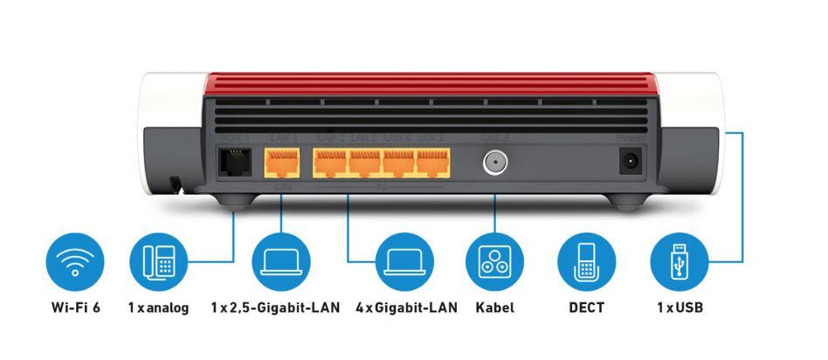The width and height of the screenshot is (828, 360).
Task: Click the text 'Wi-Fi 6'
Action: [x=75, y=308]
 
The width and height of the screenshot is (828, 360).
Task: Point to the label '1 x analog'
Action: [x=158, y=308]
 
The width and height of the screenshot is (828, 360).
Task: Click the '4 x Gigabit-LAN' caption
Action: [x=406, y=308]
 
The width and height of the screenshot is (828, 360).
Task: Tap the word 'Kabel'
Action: [x=494, y=308]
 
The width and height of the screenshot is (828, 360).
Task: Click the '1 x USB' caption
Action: [x=679, y=308]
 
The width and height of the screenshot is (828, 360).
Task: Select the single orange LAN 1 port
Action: [x=280, y=163]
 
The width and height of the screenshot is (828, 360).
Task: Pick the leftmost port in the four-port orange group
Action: [x=330, y=163]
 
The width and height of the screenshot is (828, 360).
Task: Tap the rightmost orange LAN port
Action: [x=431, y=163]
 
